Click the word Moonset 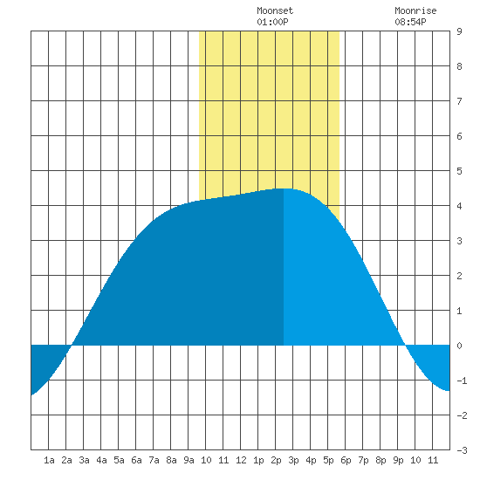[275, 10]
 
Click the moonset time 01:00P [272, 22]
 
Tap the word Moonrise [415, 10]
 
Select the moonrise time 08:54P [410, 22]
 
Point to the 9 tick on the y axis [459, 31]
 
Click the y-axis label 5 [459, 171]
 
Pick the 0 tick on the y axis [459, 346]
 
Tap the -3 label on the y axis [462, 450]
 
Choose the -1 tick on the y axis [462, 381]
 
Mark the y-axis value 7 [459, 101]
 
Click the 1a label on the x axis [49, 460]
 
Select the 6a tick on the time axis [136, 460]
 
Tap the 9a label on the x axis [189, 460]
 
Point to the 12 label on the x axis [241, 460]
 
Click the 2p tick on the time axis [276, 460]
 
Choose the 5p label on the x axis [328, 460]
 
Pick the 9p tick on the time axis [398, 460]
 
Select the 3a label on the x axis [84, 460]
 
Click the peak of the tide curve [284, 189]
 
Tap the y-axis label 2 [459, 276]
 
